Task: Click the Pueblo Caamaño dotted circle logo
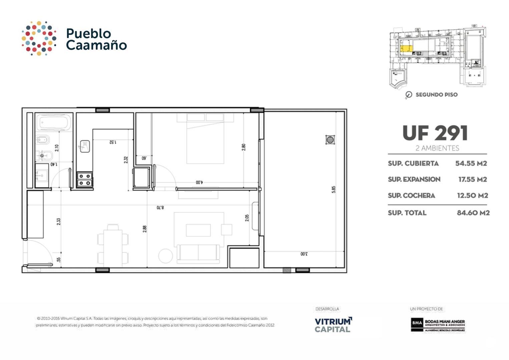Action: pyautogui.click(x=39, y=38)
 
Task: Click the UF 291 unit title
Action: pyautogui.click(x=435, y=133)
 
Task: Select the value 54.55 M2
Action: pyautogui.click(x=471, y=163)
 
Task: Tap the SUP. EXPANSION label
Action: pyautogui.click(x=414, y=179)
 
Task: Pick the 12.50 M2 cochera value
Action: pyautogui.click(x=472, y=196)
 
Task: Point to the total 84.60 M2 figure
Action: pyautogui.click(x=473, y=213)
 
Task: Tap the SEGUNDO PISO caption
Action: pyautogui.click(x=436, y=95)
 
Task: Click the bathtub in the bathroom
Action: pyautogui.click(x=54, y=123)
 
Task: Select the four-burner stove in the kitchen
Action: pyautogui.click(x=85, y=179)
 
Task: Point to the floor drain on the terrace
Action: pyautogui.click(x=330, y=140)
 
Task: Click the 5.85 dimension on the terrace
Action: pyautogui.click(x=334, y=190)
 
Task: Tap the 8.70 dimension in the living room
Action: pyautogui.click(x=160, y=208)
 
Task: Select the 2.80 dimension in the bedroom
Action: pyautogui.click(x=243, y=147)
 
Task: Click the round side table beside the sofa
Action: pyautogui.click(x=165, y=256)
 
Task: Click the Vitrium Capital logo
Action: pyautogui.click(x=333, y=325)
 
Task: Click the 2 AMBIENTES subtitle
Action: pyautogui.click(x=437, y=148)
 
